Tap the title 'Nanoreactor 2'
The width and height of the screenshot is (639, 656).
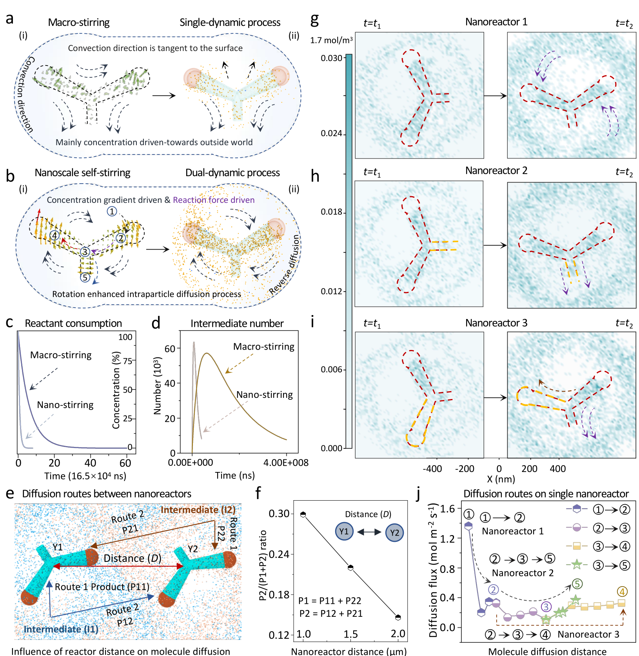click(496, 171)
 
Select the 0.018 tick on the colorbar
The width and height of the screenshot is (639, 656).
click(331, 212)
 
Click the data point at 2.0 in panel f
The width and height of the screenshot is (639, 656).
click(398, 617)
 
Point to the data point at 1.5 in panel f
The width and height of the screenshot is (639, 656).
click(350, 568)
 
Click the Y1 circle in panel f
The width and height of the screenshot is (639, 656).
click(344, 532)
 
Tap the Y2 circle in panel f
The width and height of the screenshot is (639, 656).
click(394, 532)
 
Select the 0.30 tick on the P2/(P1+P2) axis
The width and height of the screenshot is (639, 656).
click(279, 514)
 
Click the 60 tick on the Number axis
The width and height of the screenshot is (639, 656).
click(170, 348)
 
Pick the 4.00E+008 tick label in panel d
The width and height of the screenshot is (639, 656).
click(286, 463)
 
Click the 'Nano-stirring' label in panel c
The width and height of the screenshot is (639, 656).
click(65, 405)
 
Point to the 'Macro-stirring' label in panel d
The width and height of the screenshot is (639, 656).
click(263, 347)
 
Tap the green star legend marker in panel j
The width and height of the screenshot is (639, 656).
click(576, 565)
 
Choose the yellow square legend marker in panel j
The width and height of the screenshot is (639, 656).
click(576, 546)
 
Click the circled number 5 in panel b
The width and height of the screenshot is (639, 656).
click(85, 278)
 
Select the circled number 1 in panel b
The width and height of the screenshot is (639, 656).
click(112, 211)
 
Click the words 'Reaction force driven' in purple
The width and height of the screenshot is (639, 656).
click(214, 200)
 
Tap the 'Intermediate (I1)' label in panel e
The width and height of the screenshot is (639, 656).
click(61, 629)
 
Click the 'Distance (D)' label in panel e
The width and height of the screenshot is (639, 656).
click(133, 558)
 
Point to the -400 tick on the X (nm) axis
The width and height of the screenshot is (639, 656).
click(432, 468)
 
